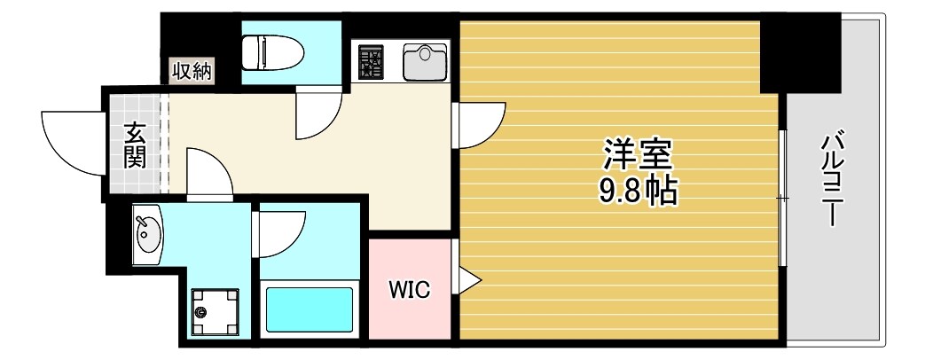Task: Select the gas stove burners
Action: point(370,61)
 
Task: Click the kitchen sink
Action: point(425,60)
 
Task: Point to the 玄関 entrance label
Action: point(136,145)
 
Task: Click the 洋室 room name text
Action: point(638,154)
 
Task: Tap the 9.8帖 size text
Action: point(637,190)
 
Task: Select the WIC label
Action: point(410,289)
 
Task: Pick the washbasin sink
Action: point(147,234)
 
